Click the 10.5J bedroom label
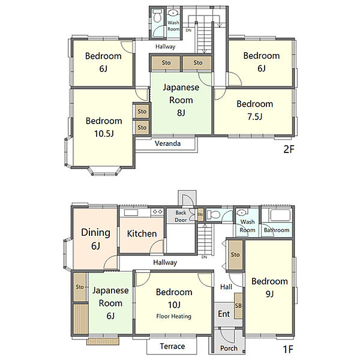pyautogui.click(x=104, y=127)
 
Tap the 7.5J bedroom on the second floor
pyautogui.click(x=254, y=112)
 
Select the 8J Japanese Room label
pyautogui.click(x=181, y=100)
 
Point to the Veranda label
pyautogui.click(x=167, y=143)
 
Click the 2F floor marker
pyautogui.click(x=289, y=149)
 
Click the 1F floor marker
pyautogui.click(x=288, y=349)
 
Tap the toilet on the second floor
pyautogui.click(x=157, y=16)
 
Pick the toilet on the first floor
pyautogui.click(x=214, y=215)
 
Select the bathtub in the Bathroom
pyautogui.click(x=280, y=215)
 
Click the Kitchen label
pyautogui.click(x=142, y=233)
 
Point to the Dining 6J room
pyautogui.click(x=95, y=239)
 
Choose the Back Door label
pyautogui.click(x=181, y=216)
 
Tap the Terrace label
pyautogui.click(x=172, y=346)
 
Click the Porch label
pyautogui.click(x=229, y=348)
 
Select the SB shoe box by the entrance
pyautogui.click(x=238, y=306)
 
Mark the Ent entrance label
pyautogui.click(x=224, y=314)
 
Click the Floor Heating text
pyautogui.click(x=174, y=316)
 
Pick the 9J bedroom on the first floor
pyautogui.click(x=269, y=287)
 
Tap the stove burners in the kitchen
pyautogui.click(x=157, y=212)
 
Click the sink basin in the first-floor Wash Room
pyautogui.click(x=242, y=212)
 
